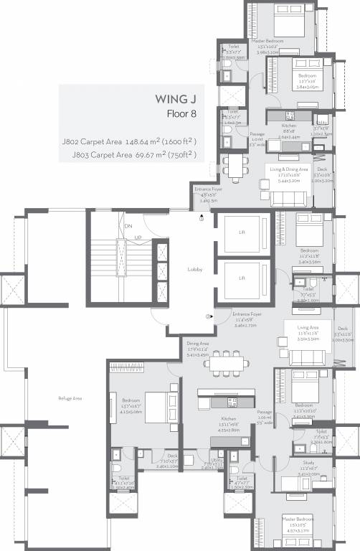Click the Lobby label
coord(194,270)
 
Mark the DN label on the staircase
coord(128,227)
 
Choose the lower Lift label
coord(242,277)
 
